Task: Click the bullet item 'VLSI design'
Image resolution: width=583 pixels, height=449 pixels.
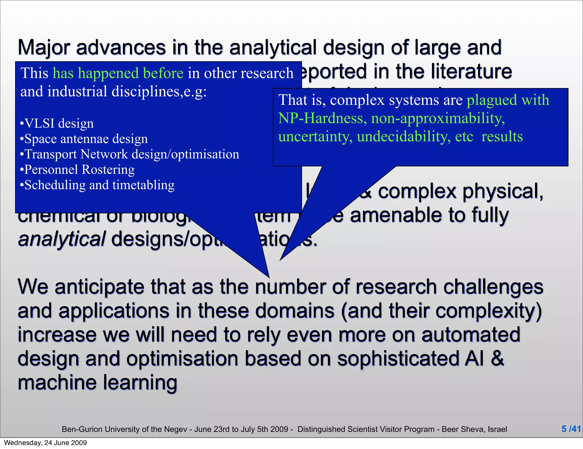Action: pos(57,123)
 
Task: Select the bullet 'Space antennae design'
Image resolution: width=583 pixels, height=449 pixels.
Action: pos(84,139)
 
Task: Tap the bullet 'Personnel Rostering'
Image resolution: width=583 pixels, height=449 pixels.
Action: pos(77,170)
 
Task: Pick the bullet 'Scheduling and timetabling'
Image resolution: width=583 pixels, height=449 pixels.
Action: pos(97,185)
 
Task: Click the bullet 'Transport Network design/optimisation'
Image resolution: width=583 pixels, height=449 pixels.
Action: pos(130,154)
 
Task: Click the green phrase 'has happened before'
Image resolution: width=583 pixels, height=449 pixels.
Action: pos(118,73)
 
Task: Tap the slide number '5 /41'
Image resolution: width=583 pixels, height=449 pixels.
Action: pos(571,429)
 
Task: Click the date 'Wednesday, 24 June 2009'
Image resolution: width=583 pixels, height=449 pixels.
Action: pos(46,443)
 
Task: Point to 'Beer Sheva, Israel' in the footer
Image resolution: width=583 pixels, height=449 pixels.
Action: pos(474,429)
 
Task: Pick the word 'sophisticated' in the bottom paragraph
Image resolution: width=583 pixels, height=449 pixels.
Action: pos(397,358)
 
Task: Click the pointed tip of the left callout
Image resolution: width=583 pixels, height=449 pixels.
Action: pos(269,277)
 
